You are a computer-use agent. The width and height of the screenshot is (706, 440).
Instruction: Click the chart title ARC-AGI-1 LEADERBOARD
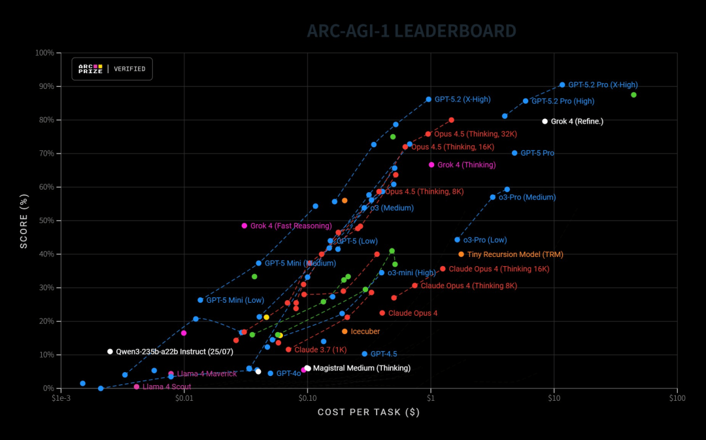(411, 31)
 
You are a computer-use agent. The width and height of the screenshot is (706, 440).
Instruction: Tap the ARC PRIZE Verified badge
(112, 69)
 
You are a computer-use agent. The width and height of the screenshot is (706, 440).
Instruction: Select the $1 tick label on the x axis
(430, 398)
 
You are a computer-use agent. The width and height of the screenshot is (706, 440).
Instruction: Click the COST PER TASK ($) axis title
(368, 413)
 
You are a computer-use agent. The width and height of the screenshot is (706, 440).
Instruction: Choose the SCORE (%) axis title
(24, 220)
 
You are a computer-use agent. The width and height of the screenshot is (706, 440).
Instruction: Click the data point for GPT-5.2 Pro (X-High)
(562, 85)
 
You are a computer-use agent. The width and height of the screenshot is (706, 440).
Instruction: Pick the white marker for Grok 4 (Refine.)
(545, 121)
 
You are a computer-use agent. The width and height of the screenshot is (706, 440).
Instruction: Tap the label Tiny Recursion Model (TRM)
(514, 254)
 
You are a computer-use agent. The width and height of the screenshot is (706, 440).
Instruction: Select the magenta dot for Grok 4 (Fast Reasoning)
(244, 226)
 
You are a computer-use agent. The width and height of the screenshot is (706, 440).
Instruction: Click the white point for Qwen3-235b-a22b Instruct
(110, 352)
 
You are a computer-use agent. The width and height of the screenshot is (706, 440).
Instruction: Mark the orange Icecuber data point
(345, 331)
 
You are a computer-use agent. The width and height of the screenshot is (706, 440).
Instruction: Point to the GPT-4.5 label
(384, 354)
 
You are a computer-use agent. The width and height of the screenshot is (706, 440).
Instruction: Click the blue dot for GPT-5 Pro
(514, 153)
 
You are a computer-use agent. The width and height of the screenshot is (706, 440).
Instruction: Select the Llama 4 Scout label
(162, 387)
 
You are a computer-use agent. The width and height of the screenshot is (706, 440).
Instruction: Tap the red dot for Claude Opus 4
(382, 313)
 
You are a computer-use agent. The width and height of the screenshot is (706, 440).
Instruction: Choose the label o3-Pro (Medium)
(527, 197)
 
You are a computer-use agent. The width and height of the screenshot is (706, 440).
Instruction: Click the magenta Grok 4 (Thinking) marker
(431, 165)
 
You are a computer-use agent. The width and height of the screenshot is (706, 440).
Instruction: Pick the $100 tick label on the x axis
(677, 398)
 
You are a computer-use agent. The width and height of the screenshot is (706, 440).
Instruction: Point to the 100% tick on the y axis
(44, 52)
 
